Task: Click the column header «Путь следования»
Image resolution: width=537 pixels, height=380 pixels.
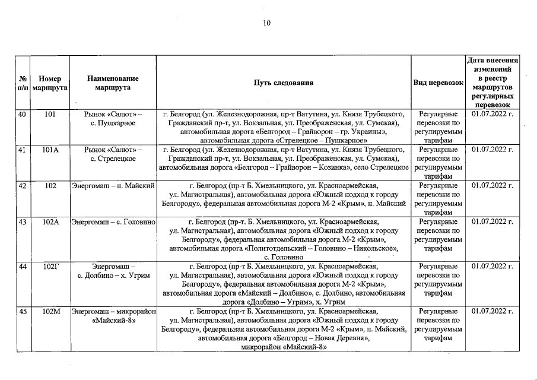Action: click(284, 83)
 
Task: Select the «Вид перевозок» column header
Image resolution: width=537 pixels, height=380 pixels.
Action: click(438, 83)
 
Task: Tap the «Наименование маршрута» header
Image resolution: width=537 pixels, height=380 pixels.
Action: click(113, 83)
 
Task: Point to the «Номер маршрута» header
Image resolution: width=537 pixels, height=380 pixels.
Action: click(50, 83)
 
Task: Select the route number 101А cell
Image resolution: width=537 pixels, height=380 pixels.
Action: click(50, 150)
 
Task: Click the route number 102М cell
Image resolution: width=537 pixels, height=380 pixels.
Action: click(50, 311)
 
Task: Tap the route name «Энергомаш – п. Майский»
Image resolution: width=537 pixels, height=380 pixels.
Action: click(113, 186)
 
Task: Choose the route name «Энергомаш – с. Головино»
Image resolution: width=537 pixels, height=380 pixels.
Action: click(113, 221)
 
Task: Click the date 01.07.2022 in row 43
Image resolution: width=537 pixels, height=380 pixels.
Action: click(492, 221)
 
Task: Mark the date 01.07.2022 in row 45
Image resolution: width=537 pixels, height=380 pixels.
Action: click(492, 311)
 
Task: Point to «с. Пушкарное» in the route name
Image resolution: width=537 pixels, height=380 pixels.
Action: click(113, 123)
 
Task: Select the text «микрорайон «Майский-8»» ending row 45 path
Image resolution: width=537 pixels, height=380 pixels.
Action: click(284, 347)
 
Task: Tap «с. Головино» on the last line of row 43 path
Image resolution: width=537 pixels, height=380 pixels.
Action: click(284, 257)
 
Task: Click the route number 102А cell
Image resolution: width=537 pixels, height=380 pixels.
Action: click(50, 221)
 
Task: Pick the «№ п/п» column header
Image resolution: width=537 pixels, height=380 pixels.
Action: click(21, 83)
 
